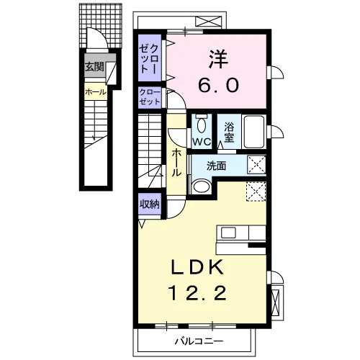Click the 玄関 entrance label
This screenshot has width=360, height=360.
tap(95, 66)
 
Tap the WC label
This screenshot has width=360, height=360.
tap(202, 142)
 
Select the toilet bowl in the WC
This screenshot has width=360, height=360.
tap(201, 123)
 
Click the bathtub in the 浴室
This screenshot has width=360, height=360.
tap(254, 132)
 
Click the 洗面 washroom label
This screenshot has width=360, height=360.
tap(217, 166)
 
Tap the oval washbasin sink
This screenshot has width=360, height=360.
tap(202, 186)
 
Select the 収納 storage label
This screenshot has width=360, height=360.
tap(150, 204)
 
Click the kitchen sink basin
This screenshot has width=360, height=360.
tap(228, 233)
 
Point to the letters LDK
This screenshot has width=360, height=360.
tap(197, 267)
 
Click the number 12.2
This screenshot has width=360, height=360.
tap(197, 293)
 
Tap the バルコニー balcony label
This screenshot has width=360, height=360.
tap(199, 341)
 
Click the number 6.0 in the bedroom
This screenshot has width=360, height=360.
tap(218, 85)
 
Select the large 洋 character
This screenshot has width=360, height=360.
tap(218, 59)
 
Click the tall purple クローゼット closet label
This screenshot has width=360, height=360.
tap(149, 58)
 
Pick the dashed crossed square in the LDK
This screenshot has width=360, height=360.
tap(256, 192)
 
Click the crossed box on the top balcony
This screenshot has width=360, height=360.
tap(208, 22)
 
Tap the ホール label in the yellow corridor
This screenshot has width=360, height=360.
tap(176, 163)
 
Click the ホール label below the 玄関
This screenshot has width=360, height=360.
tap(96, 91)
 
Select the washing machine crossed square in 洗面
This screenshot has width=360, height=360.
tap(256, 165)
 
